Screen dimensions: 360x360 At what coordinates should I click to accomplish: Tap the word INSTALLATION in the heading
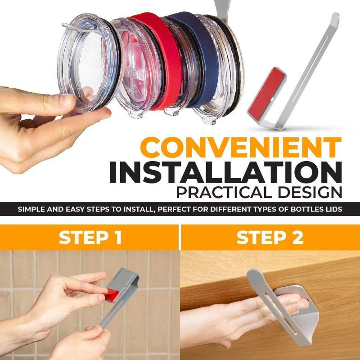225,172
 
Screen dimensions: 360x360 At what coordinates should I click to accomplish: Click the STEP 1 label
90,237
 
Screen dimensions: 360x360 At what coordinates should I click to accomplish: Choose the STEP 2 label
270,237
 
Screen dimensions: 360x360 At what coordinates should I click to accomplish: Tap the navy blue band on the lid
198,58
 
